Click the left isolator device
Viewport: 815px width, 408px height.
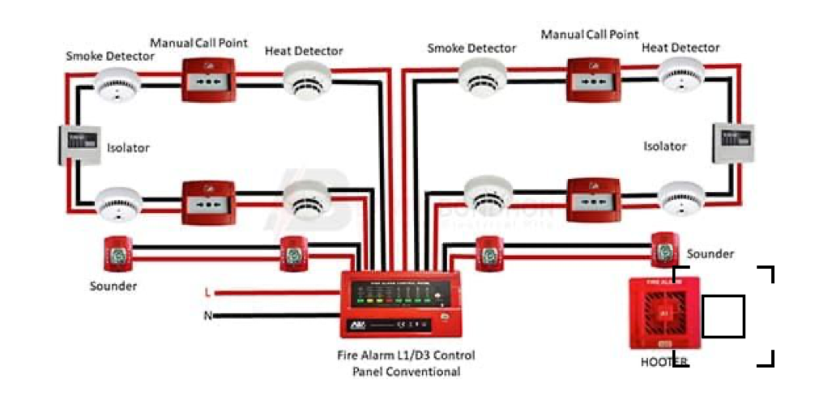pyautogui.click(x=80, y=145)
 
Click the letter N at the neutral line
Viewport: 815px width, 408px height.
pyautogui.click(x=207, y=316)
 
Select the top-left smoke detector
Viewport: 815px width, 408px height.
pyautogui.click(x=118, y=83)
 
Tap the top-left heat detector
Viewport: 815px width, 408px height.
pyautogui.click(x=306, y=82)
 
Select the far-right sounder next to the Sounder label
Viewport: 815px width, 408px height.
pyautogui.click(x=664, y=248)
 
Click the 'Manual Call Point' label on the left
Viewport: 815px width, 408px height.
pyautogui.click(x=199, y=42)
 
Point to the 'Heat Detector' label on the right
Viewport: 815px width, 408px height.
pyautogui.click(x=681, y=48)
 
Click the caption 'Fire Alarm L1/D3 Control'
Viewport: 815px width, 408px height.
pyautogui.click(x=406, y=355)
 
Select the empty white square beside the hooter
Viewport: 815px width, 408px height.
pyautogui.click(x=723, y=317)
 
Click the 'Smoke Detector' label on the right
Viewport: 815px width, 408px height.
pyautogui.click(x=472, y=49)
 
